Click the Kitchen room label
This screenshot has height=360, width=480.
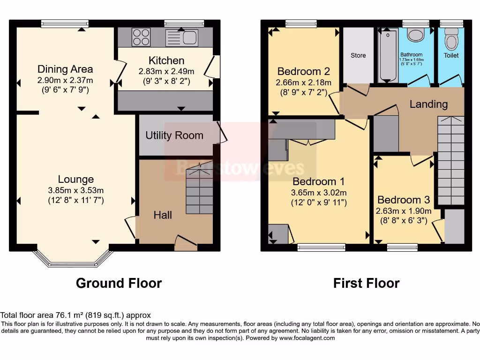click(x=166, y=60)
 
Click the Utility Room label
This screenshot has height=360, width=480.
click(x=174, y=135)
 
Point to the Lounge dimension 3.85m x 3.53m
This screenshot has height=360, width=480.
click(x=76, y=190)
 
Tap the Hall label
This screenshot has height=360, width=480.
click(x=163, y=215)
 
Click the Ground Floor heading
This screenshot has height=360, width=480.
click(x=119, y=283)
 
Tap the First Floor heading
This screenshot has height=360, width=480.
click(x=366, y=283)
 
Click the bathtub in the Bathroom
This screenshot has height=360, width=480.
click(x=388, y=55)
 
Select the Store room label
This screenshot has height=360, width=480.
click(x=358, y=55)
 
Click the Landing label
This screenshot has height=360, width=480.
click(x=428, y=104)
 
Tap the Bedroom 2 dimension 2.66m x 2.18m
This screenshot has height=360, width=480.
click(x=304, y=82)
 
